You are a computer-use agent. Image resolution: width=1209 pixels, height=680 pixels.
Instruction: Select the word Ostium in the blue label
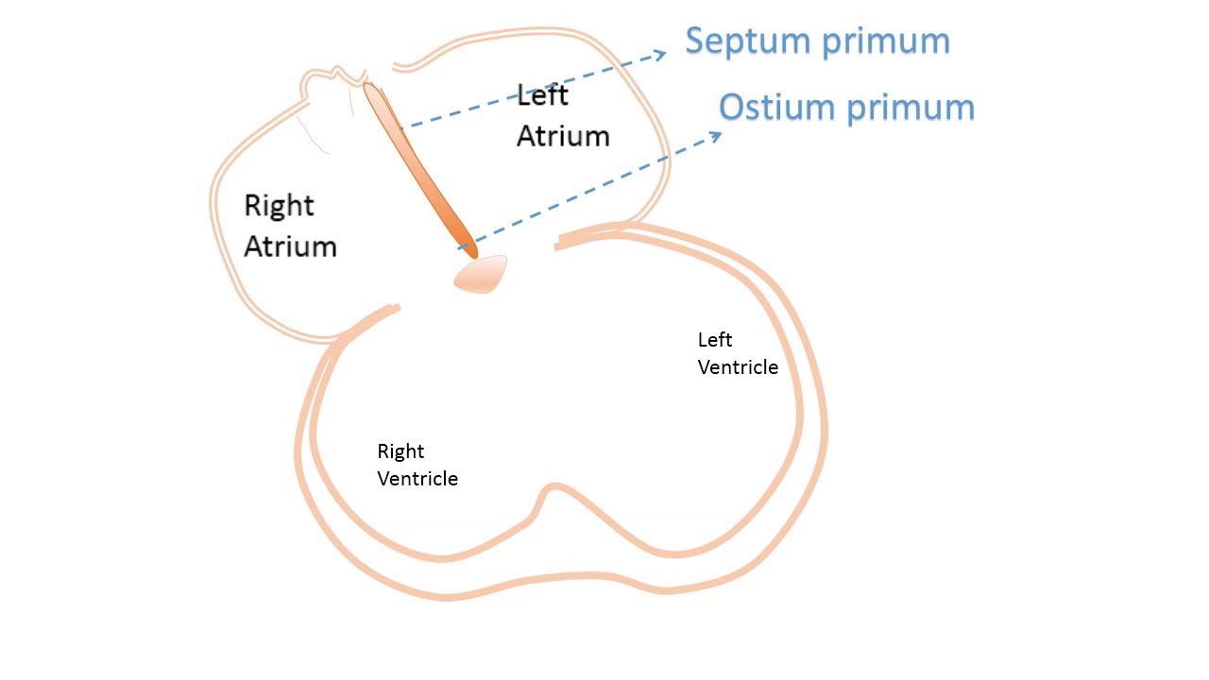[x=776, y=108]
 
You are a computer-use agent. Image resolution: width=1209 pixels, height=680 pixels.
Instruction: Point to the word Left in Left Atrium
[x=542, y=94]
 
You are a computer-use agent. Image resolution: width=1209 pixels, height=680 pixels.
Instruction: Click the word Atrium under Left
[x=563, y=136]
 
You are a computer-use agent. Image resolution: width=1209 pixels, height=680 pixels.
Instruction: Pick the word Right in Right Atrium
[x=279, y=206]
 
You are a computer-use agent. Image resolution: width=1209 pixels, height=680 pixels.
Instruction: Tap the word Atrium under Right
[x=290, y=246]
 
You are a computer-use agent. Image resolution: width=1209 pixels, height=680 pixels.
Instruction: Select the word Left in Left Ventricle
[x=715, y=340]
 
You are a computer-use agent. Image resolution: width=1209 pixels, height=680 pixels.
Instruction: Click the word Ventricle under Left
[x=738, y=367]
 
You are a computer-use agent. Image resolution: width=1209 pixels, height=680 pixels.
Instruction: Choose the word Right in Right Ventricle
[x=400, y=451]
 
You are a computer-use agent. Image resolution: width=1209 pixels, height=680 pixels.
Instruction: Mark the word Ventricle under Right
[x=417, y=479]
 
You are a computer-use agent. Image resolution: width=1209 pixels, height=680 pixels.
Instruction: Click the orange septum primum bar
[x=419, y=170]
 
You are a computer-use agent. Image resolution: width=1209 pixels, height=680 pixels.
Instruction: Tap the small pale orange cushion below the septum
[x=481, y=274]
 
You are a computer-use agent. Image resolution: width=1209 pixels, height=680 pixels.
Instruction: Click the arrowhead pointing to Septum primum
[x=660, y=54]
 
